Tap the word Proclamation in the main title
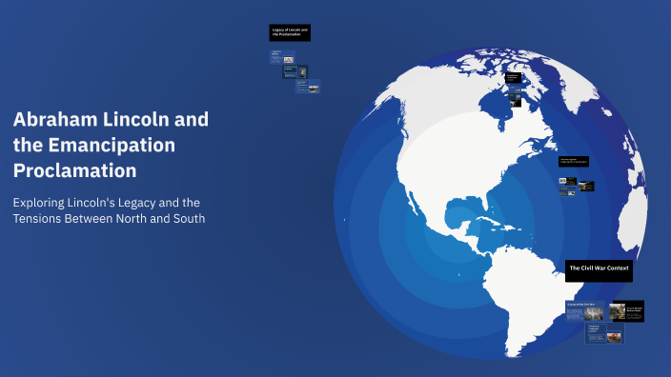pos(75,170)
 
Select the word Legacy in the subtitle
pos(136,203)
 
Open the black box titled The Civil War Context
pos(599,269)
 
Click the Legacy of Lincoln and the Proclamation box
pos(289,33)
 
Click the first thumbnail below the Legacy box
pos(276,56)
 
